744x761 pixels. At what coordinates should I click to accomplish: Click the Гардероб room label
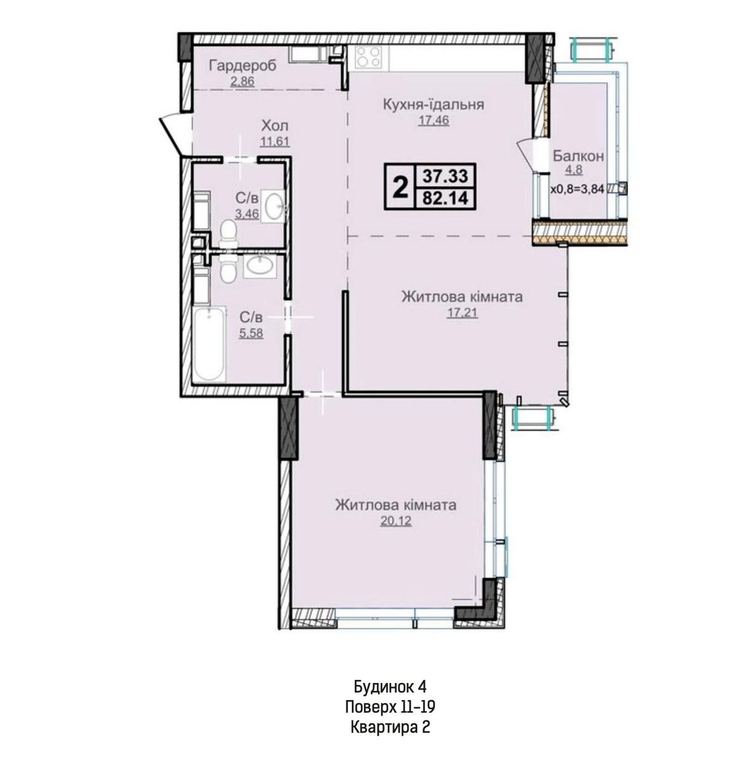click(x=242, y=65)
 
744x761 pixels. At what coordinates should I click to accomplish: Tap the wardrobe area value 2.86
click(x=242, y=82)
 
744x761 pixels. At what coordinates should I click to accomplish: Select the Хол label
click(x=275, y=126)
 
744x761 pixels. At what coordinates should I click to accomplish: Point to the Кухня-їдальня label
click(x=433, y=105)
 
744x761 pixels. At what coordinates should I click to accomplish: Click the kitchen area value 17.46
click(x=434, y=120)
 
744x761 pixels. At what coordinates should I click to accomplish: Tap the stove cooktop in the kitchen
click(x=369, y=57)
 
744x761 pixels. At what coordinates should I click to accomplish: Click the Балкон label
click(x=578, y=157)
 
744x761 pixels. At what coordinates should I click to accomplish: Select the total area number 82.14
click(x=445, y=198)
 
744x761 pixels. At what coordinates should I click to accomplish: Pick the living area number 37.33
click(x=445, y=176)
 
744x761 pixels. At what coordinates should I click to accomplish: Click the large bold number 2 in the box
click(x=400, y=188)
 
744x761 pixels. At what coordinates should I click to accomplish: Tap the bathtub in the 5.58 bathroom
click(x=210, y=344)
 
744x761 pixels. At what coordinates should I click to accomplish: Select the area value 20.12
click(x=396, y=521)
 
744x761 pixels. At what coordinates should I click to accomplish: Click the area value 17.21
click(x=462, y=313)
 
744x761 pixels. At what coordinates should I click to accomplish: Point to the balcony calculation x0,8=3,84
click(x=578, y=190)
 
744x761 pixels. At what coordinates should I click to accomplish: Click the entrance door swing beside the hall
click(x=172, y=133)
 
